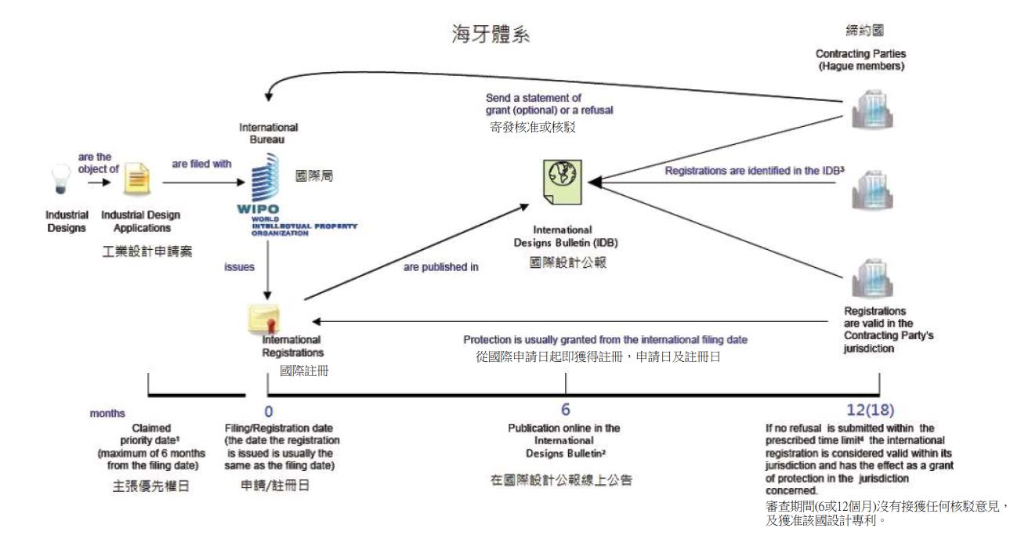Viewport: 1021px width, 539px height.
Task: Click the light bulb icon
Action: pos(60,178)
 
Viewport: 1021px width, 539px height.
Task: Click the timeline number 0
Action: pos(269,410)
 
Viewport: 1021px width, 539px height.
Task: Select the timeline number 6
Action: pos(565,410)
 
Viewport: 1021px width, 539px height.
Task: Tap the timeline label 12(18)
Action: pos(870,410)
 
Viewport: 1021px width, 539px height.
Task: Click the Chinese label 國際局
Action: pos(314,177)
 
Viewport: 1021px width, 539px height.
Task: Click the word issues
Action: pos(240,267)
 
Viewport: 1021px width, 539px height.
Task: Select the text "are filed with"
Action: pos(201,164)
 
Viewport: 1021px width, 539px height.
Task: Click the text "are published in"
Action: pos(441,267)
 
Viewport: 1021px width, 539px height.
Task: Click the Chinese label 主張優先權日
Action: pos(150,486)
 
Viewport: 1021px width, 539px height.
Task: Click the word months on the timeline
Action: pos(107,413)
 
